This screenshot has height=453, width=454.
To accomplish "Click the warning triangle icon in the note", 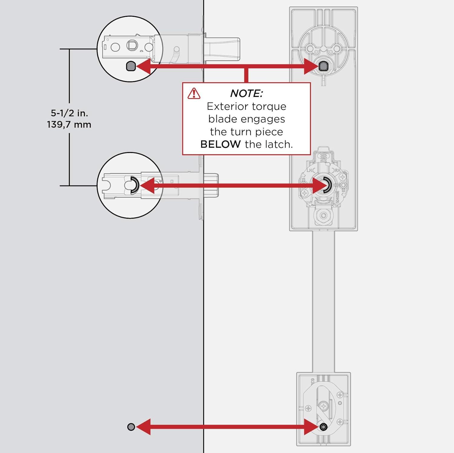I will pos(194,94).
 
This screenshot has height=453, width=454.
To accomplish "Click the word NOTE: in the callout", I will pos(246,93).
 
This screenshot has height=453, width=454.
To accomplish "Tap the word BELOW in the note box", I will pos(220,144).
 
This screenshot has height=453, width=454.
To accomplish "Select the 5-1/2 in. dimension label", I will pos(69,113).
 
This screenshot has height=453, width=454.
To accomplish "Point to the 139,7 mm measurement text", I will pos(69,125).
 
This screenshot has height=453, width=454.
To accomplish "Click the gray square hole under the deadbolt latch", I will pos(131,66).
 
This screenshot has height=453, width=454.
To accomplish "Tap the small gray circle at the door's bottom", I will pos(131,427).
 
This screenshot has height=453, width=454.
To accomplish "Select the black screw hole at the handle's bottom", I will pos(323,427).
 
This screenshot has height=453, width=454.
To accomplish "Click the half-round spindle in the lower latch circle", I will pos(134,185).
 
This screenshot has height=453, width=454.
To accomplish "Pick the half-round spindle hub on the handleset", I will pos(326,185).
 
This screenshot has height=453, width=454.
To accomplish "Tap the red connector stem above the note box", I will pos(246,76).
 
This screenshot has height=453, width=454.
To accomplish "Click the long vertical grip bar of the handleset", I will pos(323,302).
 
